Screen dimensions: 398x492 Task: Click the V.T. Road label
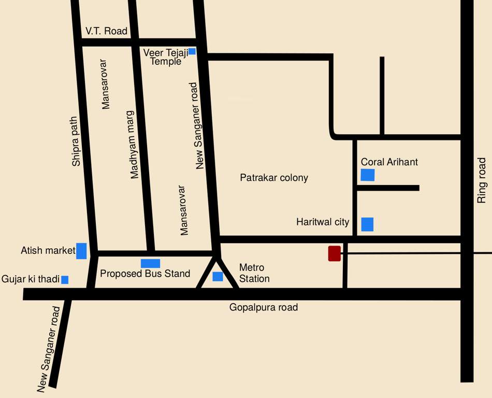point(106,31)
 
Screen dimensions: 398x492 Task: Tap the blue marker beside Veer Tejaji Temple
point(192,51)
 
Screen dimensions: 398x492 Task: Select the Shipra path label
point(77,141)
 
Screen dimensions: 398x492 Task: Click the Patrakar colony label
point(274,178)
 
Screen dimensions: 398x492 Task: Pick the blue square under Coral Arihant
point(368,175)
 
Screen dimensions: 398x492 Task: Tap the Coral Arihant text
point(389,162)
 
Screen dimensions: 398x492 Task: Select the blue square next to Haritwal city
point(367,224)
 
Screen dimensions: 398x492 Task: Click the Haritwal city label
point(323,222)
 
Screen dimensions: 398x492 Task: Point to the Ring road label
point(482,180)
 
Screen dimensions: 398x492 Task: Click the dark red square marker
point(335,253)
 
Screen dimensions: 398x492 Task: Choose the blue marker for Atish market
point(81,251)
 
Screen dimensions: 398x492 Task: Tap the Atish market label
point(48,251)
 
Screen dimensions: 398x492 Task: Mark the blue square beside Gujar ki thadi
point(65,280)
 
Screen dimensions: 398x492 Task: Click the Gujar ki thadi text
point(31,279)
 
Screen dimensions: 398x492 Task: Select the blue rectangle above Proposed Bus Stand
point(150,263)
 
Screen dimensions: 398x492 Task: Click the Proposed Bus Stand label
point(145,274)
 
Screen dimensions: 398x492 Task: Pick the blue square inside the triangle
point(218,276)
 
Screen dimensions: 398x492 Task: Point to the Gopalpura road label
point(264,307)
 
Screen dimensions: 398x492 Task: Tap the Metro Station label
point(254,273)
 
